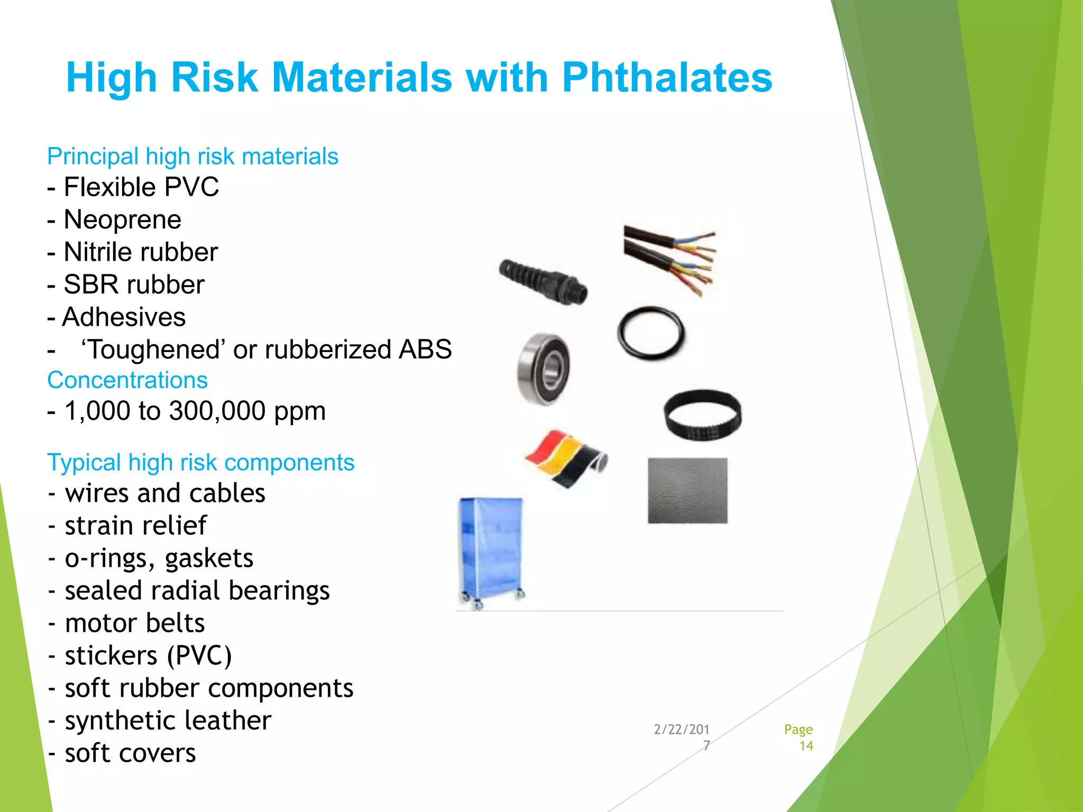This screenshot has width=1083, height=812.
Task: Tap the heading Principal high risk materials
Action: pyautogui.click(x=192, y=156)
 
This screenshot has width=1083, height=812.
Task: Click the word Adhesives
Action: pyautogui.click(x=124, y=317)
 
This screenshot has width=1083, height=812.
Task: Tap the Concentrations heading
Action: pyautogui.click(x=127, y=380)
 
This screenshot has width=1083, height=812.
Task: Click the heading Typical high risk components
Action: pyautogui.click(x=200, y=463)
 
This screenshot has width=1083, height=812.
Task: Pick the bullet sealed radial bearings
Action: pyautogui.click(x=197, y=590)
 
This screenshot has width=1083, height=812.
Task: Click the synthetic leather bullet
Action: pyautogui.click(x=168, y=721)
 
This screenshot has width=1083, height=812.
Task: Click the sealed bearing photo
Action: pyautogui.click(x=544, y=369)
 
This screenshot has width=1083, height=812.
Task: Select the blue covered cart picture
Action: pyautogui.click(x=491, y=552)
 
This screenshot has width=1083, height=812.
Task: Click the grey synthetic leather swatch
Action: pyautogui.click(x=687, y=491)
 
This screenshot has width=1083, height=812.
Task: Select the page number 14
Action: pyautogui.click(x=806, y=746)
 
